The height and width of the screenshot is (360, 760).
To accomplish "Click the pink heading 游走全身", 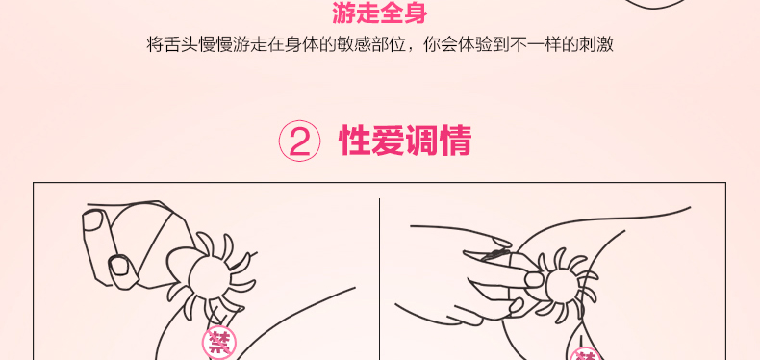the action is click(379, 13).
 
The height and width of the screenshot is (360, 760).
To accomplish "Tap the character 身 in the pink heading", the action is click(416, 13).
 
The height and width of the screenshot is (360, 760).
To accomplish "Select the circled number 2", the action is click(299, 141).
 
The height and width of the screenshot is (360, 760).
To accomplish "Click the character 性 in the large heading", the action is click(355, 141).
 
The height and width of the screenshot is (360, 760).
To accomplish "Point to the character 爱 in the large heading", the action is click(389, 141).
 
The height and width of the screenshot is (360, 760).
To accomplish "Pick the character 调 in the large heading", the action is click(422, 141).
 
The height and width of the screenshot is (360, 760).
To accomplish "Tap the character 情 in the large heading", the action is click(456, 141).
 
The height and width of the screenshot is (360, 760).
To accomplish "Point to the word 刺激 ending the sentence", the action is click(596, 44).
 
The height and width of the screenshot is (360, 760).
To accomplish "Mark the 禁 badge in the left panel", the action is click(219, 343).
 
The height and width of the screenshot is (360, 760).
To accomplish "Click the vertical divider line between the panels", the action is click(379, 279).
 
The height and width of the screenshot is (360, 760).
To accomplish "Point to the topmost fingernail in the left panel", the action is click(92, 220).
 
